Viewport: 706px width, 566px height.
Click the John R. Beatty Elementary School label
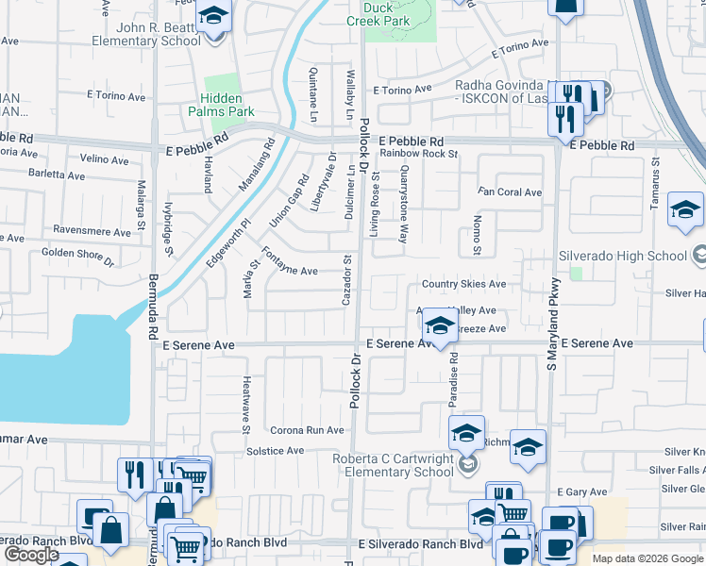click(x=146, y=35)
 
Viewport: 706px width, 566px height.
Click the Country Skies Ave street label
click(x=463, y=284)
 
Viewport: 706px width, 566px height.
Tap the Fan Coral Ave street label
click(x=509, y=192)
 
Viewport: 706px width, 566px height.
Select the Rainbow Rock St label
click(x=418, y=154)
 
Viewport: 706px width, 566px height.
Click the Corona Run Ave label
click(x=307, y=430)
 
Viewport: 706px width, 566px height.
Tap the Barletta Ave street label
click(x=57, y=175)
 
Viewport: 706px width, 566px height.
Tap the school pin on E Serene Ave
click(x=439, y=326)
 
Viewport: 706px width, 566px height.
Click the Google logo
click(x=31, y=555)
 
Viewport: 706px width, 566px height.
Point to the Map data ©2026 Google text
click(x=647, y=558)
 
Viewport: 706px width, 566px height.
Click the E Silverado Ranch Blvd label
click(x=420, y=544)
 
